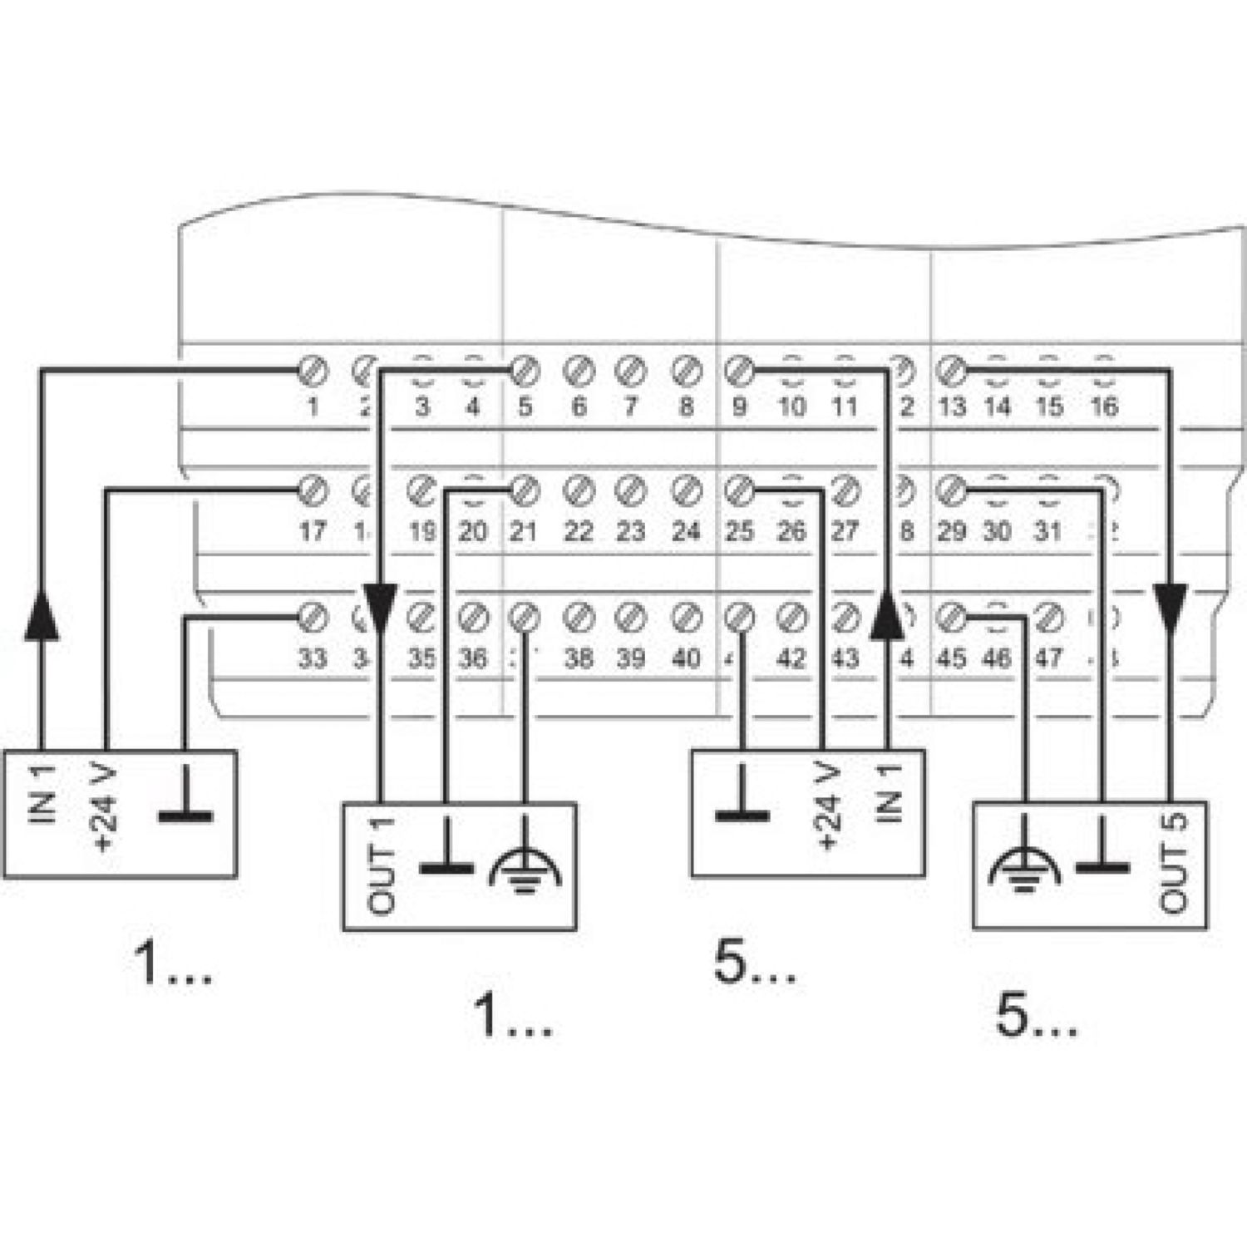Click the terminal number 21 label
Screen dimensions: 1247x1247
pos(523,531)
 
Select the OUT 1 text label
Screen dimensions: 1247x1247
pos(382,865)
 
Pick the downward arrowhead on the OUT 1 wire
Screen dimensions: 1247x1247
pos(381,603)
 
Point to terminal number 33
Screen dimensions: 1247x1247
pos(312,658)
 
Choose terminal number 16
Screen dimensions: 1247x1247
pos(1103,407)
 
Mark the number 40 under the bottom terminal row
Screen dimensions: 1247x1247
pos(685,658)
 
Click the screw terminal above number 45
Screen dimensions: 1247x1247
pos(950,618)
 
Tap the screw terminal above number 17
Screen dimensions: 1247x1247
pos(313,490)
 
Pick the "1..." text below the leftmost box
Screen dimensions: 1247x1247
pos(172,965)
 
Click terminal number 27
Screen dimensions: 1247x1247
pos(845,531)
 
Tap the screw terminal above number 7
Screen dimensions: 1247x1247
pos(631,369)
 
